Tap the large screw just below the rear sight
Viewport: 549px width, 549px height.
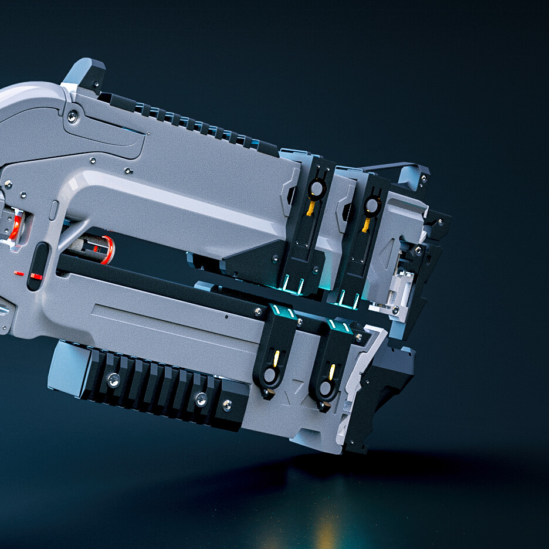(x=72, y=117)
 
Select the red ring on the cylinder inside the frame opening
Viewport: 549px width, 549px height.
(x=107, y=249)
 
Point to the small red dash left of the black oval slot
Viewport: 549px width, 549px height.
(x=19, y=273)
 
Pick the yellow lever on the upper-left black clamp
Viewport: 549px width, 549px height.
(x=310, y=208)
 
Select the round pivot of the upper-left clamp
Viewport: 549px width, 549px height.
(x=317, y=188)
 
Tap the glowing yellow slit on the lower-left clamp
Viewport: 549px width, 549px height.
(x=276, y=356)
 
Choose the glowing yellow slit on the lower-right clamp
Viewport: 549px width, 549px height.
(x=331, y=371)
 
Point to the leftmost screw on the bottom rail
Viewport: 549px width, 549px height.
(x=114, y=379)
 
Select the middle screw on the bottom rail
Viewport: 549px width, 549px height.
(x=201, y=399)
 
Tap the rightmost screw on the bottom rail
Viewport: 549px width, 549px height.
(x=227, y=405)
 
